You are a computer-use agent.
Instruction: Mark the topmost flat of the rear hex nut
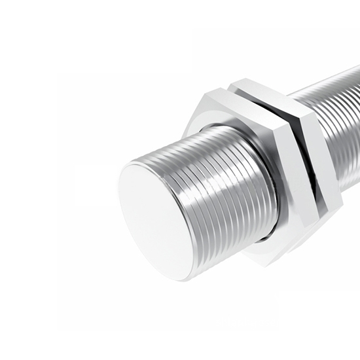pyautogui.click(x=262, y=86)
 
